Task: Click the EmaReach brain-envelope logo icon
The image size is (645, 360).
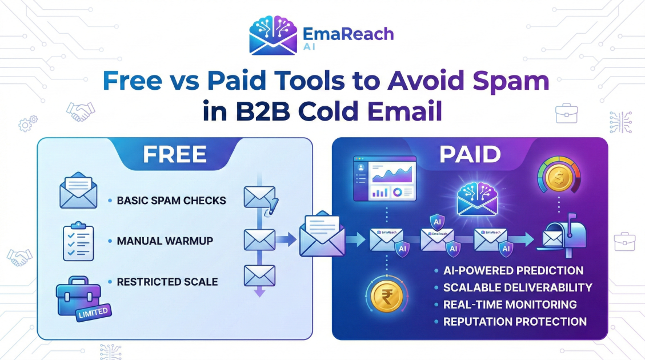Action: pos(273,35)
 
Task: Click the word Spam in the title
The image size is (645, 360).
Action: pos(511,82)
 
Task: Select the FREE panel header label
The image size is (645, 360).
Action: pos(175,154)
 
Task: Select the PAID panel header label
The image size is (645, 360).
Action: pos(470,154)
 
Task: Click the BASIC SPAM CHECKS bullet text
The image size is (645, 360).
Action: pos(171,201)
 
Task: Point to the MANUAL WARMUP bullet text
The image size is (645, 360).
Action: pos(165,241)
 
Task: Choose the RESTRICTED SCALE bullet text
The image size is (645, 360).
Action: pos(167,282)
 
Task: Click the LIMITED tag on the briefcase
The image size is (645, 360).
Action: pos(93,312)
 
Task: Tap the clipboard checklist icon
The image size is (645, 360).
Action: pos(78,242)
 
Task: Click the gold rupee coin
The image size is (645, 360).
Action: pos(387,295)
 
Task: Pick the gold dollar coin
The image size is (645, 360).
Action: pos(559,178)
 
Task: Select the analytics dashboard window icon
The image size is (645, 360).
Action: pos(385,178)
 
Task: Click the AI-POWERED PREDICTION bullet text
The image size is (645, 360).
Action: pos(513,270)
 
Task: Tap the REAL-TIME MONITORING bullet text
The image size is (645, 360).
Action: pos(510,305)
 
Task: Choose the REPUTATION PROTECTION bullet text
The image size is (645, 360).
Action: pos(515,321)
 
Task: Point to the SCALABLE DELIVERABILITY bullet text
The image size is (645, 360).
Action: pos(518,287)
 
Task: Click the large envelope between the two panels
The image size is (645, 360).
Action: pos(322,234)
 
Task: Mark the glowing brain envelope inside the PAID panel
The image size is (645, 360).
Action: pos(477,199)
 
